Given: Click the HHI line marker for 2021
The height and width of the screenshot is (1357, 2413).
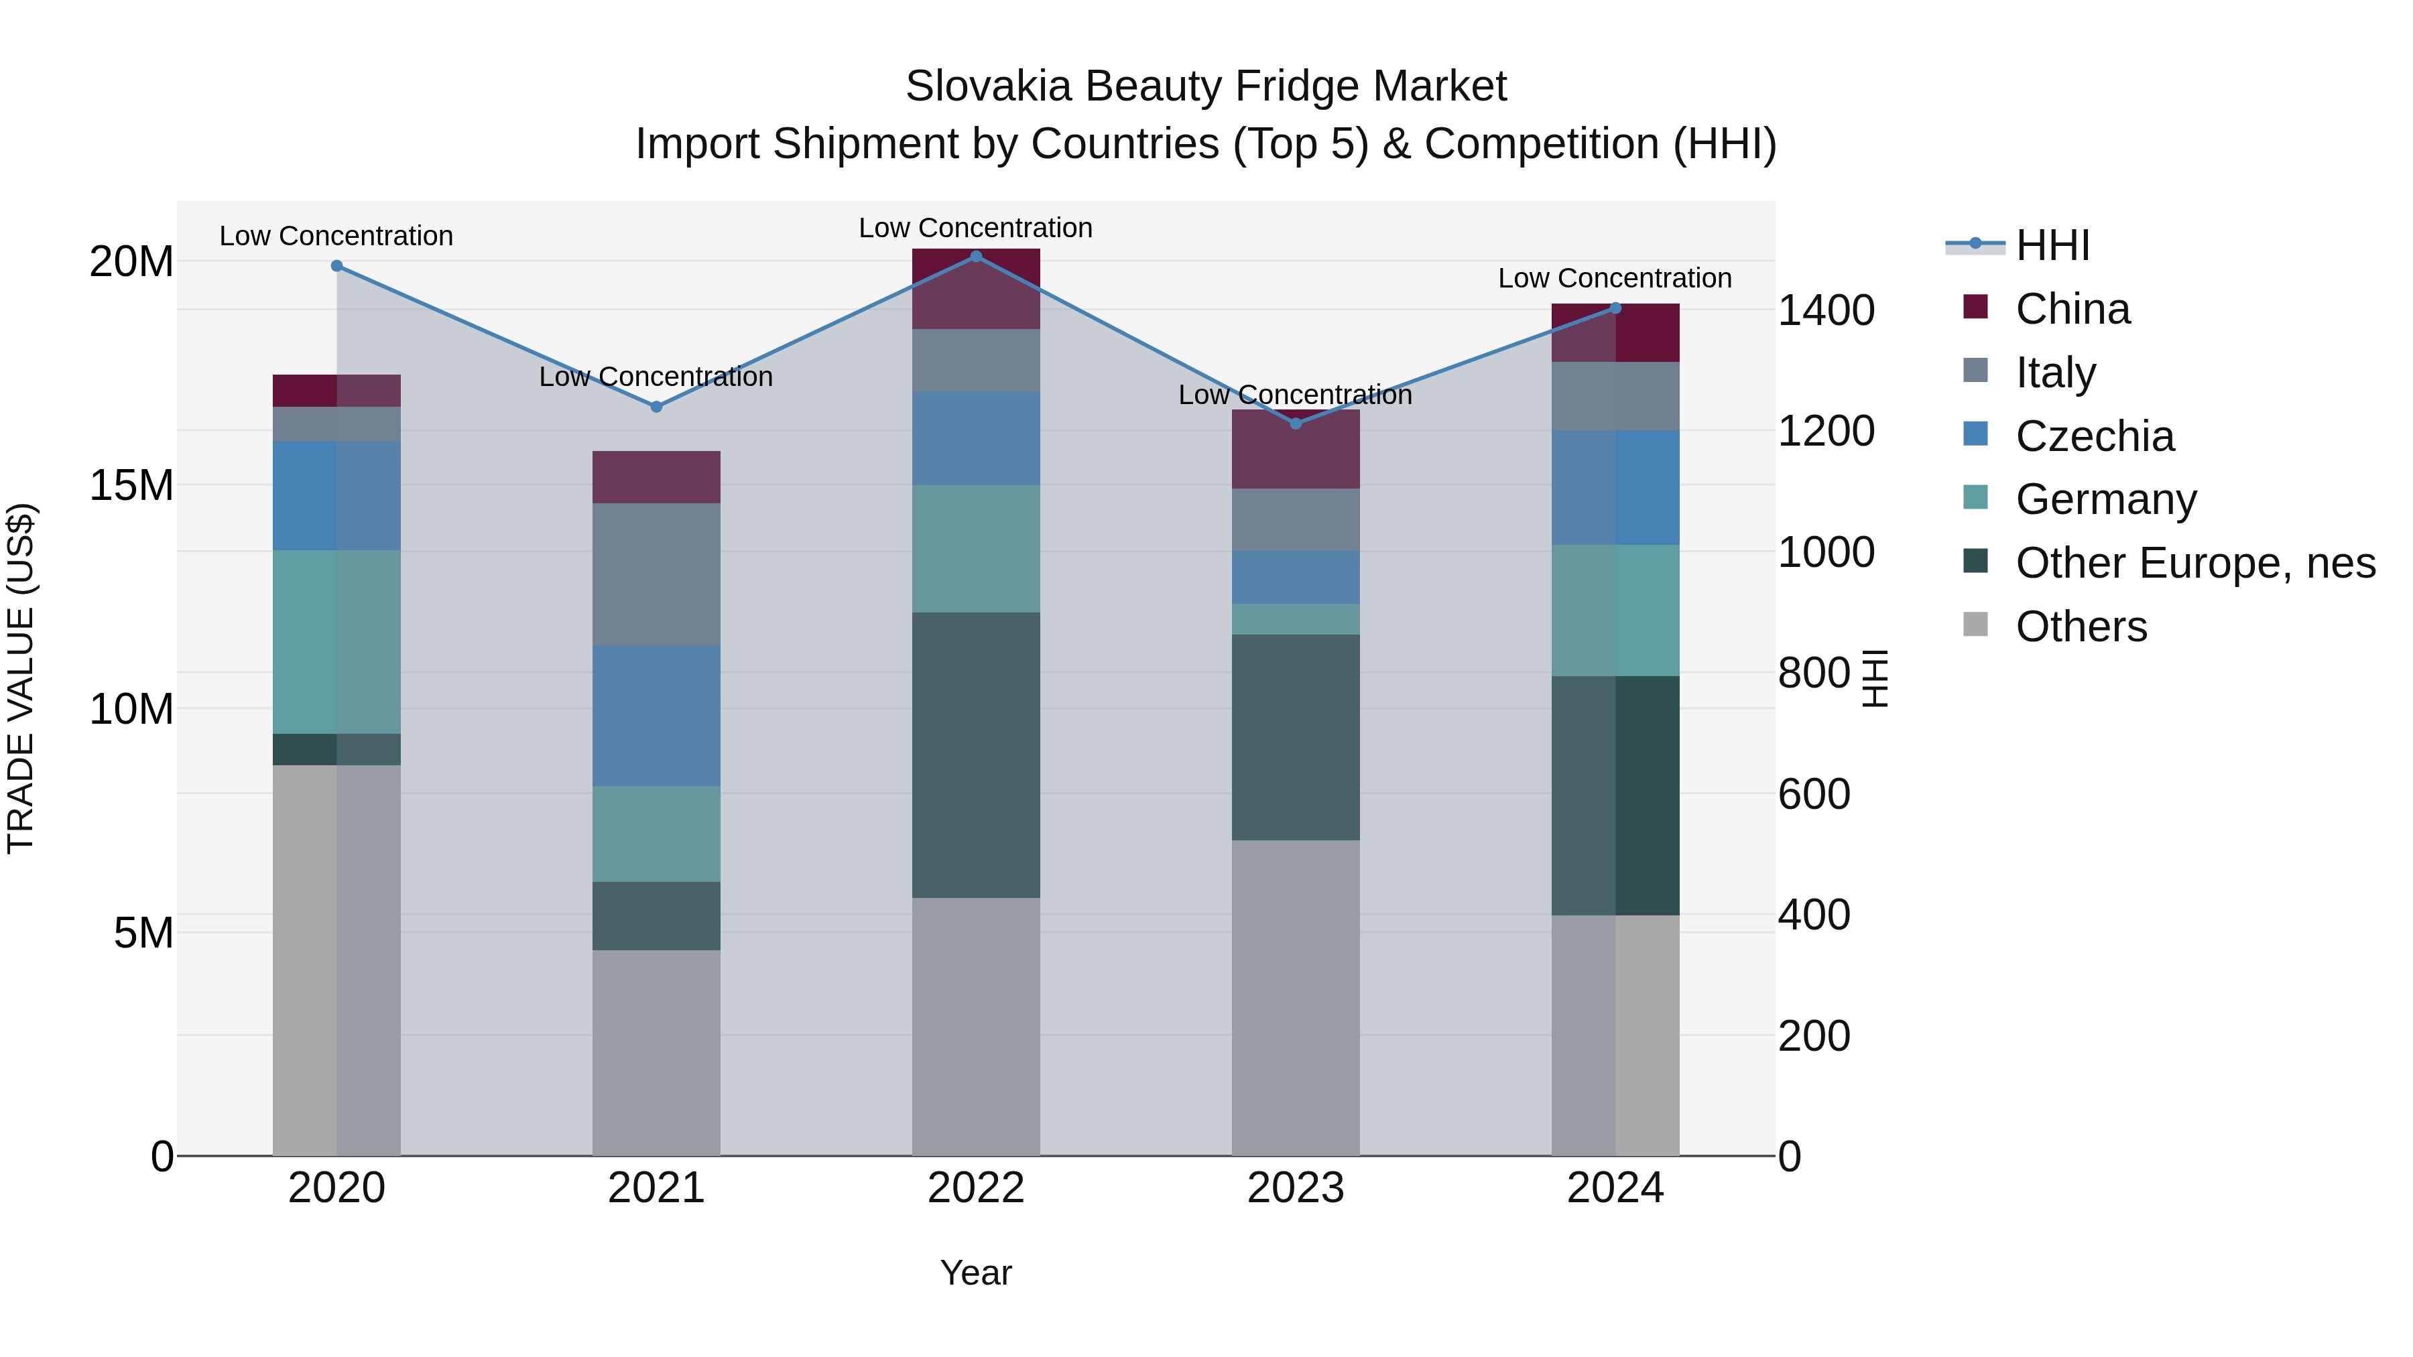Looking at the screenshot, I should [x=656, y=407].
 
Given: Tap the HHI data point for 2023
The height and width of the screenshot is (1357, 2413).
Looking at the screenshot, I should [x=1296, y=424].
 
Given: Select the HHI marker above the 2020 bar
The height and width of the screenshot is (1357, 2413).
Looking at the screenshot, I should [x=336, y=266].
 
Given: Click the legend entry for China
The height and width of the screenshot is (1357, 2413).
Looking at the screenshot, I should [x=2072, y=309].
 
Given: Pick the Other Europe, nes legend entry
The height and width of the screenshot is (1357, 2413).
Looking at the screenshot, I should [x=2194, y=563].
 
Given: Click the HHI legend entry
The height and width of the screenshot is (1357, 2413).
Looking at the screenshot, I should [x=2052, y=245].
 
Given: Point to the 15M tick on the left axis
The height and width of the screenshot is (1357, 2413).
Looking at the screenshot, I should [x=131, y=485].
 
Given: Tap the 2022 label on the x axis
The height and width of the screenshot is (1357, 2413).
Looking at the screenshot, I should [x=975, y=1188].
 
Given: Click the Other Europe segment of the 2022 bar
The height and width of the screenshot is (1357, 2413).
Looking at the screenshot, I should [x=975, y=754].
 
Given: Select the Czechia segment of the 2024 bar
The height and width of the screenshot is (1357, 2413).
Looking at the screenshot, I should [x=1615, y=487].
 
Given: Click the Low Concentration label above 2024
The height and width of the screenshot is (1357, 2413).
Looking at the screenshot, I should [x=1614, y=278].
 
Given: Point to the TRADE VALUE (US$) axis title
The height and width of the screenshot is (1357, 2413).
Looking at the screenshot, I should [x=21, y=678].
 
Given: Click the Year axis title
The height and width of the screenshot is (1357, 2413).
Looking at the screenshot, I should [x=975, y=1273].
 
